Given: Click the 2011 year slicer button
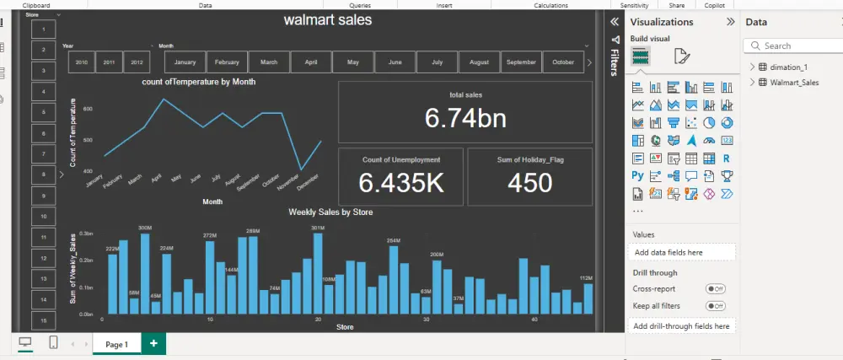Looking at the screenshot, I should [x=109, y=62].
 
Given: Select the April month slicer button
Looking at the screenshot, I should [x=311, y=62].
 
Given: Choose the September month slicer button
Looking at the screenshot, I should [x=522, y=62].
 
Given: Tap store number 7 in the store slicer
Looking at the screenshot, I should [x=43, y=153].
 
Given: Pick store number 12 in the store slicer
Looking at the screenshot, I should [x=43, y=257].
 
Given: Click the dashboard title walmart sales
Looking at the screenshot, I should [x=327, y=19].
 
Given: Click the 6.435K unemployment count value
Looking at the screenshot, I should [x=401, y=182].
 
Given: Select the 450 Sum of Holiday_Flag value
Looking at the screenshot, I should [x=529, y=182].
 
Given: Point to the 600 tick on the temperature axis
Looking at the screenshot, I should [x=88, y=109].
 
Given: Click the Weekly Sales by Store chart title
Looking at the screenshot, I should [x=330, y=212].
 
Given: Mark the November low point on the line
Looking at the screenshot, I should [x=301, y=170].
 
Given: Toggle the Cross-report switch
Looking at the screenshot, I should [x=715, y=288].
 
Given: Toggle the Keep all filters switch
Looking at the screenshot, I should [x=715, y=305].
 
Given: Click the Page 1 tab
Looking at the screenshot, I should [x=116, y=344].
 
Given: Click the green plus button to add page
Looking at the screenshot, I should [x=153, y=344].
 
